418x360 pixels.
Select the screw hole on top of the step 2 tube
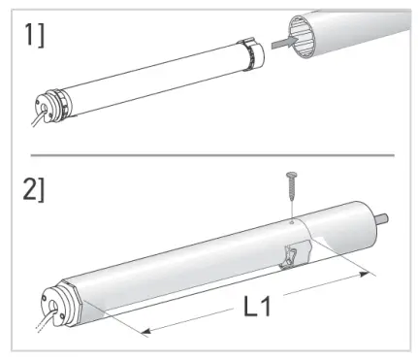[x=288, y=220]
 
